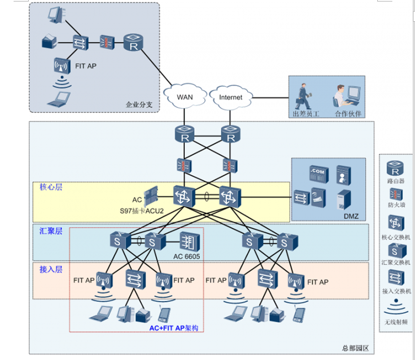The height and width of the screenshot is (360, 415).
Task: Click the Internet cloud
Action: click(231, 97)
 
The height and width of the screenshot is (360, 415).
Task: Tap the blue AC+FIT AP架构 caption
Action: click(174, 328)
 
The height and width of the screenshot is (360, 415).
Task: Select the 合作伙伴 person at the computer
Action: click(348, 95)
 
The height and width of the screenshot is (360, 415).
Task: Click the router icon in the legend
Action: click(396, 167)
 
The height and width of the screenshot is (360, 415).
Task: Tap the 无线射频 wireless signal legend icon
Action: click(396, 306)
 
